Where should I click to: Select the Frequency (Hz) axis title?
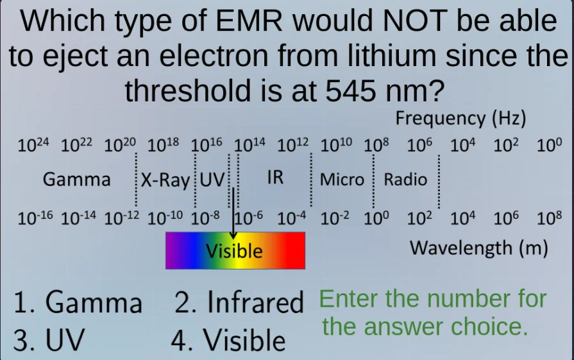[x=460, y=119]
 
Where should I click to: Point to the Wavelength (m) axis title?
[x=478, y=248]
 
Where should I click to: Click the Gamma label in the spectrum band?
[x=76, y=180]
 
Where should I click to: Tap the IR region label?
[x=274, y=178]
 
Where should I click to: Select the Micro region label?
[x=342, y=180]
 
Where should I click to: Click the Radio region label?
[x=405, y=180]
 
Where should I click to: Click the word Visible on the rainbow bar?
[x=235, y=250]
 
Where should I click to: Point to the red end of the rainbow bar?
[x=296, y=250]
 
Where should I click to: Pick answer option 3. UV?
[x=48, y=341]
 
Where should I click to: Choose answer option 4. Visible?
[x=228, y=341]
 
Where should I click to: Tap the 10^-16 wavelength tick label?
[x=36, y=217]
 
